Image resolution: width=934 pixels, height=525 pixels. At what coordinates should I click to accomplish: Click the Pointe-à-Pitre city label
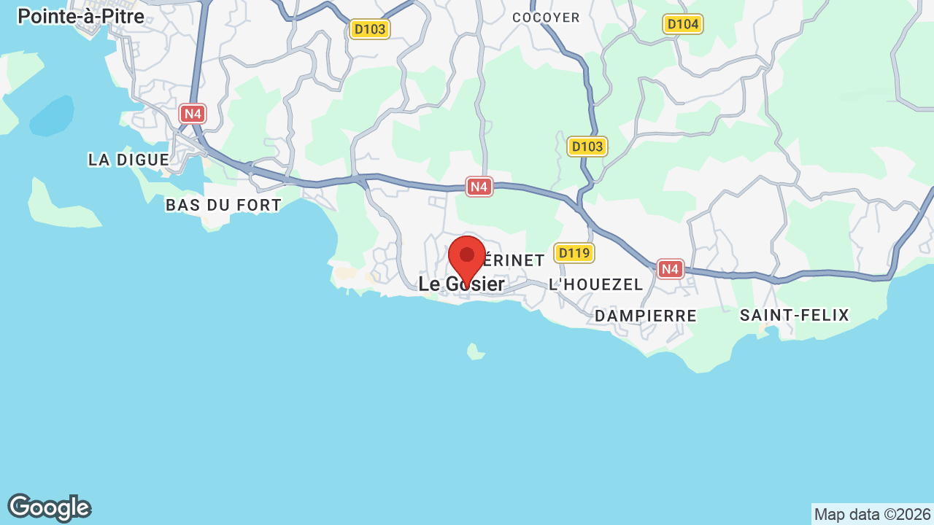81,16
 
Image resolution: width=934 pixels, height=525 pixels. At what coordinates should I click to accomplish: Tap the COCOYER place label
546,17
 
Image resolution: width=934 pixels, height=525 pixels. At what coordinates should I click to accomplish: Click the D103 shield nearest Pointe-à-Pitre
370,29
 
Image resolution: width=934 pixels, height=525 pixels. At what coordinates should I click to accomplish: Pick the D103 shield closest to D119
587,147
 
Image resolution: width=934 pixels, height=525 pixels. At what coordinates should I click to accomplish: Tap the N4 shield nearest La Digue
193,114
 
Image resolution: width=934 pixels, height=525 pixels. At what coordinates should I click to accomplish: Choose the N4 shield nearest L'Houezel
670,269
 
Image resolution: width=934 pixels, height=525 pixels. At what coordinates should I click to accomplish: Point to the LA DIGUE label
128,160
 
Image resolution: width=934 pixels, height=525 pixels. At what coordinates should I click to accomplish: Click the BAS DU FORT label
223,206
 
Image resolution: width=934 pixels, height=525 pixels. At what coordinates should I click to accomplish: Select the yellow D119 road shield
574,253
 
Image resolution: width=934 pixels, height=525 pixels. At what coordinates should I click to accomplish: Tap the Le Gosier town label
461,284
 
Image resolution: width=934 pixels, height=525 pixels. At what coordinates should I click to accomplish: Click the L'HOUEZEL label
595,284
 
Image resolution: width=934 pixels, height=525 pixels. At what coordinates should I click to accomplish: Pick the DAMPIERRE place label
646,316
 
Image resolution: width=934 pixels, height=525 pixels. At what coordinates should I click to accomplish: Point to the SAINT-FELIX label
795,315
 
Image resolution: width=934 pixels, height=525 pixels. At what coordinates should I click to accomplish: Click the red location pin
467,257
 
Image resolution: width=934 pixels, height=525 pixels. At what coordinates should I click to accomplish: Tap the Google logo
49,507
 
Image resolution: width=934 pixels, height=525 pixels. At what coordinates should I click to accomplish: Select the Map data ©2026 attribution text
872,514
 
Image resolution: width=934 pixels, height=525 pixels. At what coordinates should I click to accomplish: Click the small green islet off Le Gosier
476,353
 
